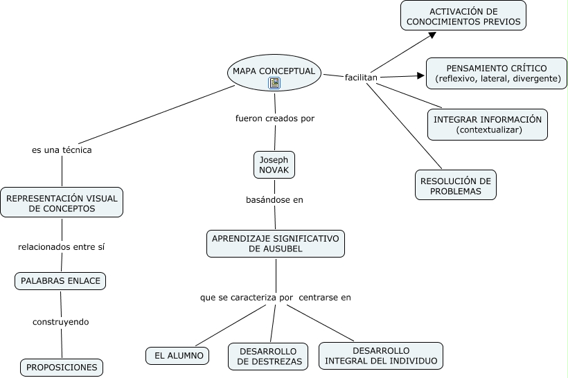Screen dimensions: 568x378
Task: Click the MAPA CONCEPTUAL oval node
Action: coord(274,73)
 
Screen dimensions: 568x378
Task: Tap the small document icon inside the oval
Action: coord(274,83)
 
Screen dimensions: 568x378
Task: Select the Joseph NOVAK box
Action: coord(274,165)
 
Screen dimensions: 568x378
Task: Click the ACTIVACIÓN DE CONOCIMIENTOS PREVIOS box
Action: coord(463,15)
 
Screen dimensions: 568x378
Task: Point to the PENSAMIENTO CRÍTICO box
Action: coord(496,73)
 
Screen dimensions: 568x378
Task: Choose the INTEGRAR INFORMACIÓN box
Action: coord(488,125)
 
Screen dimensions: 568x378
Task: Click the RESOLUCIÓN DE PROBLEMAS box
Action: coord(456,185)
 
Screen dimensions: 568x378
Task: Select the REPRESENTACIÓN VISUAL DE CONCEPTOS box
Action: coord(62,202)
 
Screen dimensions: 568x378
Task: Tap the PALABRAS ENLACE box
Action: coord(60,281)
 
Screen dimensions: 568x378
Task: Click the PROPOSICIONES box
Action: coord(62,368)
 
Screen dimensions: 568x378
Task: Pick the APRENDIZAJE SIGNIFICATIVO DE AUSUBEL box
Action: coord(276,244)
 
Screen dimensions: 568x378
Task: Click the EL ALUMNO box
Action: coord(177,356)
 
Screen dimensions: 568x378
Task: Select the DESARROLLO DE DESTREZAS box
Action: coord(268,357)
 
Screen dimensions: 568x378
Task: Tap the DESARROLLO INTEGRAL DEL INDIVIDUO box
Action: coord(381,356)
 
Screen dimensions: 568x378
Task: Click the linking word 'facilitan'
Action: coord(361,78)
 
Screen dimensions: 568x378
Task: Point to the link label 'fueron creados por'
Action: coord(275,118)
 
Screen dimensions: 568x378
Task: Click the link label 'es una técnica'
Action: coord(62,150)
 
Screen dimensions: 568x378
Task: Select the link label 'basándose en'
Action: coord(274,200)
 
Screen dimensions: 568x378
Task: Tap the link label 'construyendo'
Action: coord(61,322)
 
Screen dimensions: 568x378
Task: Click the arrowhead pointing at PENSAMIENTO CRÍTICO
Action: coord(421,75)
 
